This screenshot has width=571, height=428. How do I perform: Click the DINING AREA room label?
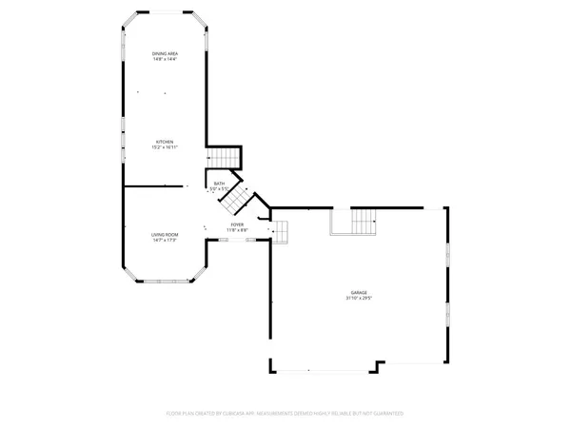point(166,52)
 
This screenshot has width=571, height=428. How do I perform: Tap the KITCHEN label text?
point(166,142)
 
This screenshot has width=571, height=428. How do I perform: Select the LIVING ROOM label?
point(165,234)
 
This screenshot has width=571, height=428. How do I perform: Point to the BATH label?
point(219,184)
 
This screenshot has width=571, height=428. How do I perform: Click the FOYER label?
point(237,225)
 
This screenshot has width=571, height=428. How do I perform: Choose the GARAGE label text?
point(358,293)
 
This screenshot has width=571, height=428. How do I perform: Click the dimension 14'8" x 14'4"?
point(166,59)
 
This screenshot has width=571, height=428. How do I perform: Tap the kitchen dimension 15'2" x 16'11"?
point(166,148)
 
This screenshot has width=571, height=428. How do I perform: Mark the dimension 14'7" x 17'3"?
point(165,241)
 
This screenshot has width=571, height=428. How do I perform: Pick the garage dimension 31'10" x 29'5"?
point(358,300)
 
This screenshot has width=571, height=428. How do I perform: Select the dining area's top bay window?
point(166,12)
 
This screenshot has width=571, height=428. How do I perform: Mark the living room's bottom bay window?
point(165,282)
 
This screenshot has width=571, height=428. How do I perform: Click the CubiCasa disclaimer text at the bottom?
point(285,414)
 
